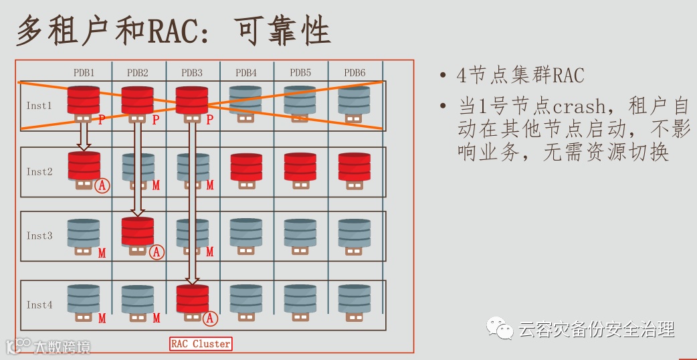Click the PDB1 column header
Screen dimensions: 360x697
(x=84, y=72)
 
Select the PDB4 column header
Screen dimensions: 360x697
(x=245, y=72)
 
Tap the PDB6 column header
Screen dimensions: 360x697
(x=355, y=72)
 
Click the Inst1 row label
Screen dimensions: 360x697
(x=39, y=106)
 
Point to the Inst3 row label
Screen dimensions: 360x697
(x=39, y=236)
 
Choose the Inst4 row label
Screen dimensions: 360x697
(x=39, y=305)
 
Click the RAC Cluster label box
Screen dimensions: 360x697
(x=201, y=344)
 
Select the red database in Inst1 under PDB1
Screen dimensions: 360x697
(x=84, y=100)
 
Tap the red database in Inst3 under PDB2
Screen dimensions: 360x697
(x=138, y=232)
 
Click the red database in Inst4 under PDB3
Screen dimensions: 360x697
(x=192, y=299)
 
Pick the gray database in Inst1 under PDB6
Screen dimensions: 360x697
(x=354, y=100)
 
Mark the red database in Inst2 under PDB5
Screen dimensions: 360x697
(x=300, y=167)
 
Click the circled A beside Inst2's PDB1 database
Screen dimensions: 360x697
(x=102, y=185)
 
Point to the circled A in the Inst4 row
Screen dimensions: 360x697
(x=210, y=319)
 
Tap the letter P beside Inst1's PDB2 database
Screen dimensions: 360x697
(x=156, y=120)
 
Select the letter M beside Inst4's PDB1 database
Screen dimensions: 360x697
(x=102, y=319)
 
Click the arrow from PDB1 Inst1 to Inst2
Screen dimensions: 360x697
(x=84, y=137)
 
